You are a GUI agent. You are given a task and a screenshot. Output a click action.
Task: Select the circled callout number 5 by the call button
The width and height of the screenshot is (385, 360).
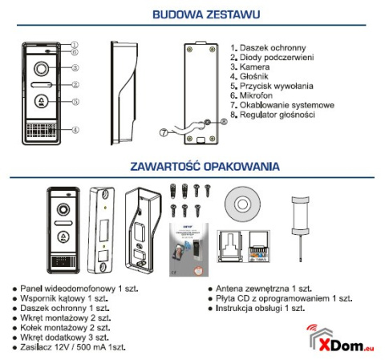pos(73,102)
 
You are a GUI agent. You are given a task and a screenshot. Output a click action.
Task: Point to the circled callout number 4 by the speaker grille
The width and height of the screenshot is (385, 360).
pos(73,129)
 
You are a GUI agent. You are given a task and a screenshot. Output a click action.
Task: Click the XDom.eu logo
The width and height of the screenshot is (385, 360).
pos(340,340)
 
